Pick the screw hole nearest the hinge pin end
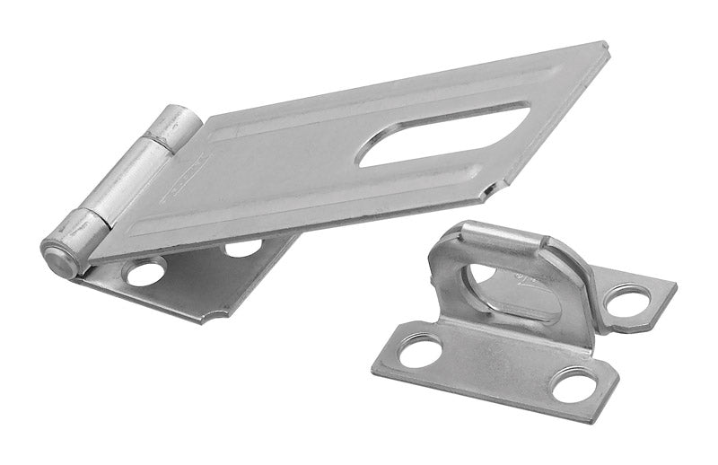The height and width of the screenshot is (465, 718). coord(145,272)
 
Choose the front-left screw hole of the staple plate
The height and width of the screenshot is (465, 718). coord(421,349)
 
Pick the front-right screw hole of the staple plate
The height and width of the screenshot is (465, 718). coord(574,387)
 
